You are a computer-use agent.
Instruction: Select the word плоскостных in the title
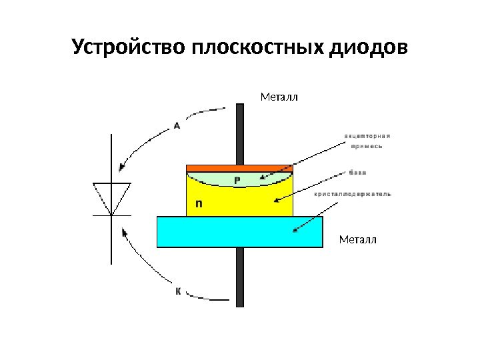[x=257, y=48]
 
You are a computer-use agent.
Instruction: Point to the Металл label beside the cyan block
[x=358, y=238]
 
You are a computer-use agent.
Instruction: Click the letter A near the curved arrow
[x=177, y=125]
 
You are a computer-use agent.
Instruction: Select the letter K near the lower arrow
[x=178, y=291]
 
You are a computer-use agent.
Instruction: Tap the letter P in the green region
[x=237, y=180]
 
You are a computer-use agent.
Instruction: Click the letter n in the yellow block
[x=198, y=205]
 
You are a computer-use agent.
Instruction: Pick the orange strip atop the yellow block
[x=239, y=167]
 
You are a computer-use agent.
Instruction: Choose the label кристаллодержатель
[x=353, y=195]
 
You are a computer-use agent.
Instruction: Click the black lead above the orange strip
[x=241, y=133]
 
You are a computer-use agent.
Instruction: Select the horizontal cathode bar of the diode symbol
[x=111, y=215]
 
